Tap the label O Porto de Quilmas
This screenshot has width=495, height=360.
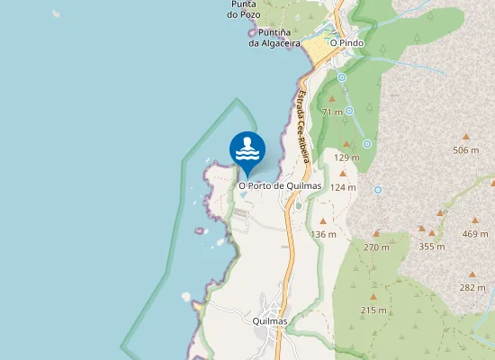280,185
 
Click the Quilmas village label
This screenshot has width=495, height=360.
270,321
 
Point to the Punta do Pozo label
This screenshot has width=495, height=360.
245,8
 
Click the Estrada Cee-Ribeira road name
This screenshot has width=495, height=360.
303,126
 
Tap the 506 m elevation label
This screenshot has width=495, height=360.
466,150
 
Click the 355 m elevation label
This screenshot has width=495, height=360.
432,247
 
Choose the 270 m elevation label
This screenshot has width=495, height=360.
376,247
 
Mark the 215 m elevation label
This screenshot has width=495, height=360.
373,310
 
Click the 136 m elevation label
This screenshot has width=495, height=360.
323,234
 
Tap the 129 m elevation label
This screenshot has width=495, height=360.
346,157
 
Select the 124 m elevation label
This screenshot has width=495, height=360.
343,187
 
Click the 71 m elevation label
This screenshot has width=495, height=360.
332,112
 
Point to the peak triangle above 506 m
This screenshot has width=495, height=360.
466,136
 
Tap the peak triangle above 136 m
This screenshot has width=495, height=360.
323,220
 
